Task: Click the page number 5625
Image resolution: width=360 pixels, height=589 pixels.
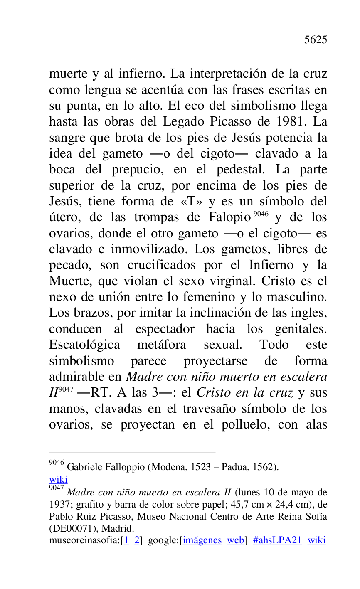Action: (316, 40)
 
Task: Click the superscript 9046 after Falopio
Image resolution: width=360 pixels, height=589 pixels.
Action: (261, 214)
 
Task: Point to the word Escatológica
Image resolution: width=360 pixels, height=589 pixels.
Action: (84, 345)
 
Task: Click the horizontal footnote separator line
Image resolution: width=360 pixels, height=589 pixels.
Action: (132, 453)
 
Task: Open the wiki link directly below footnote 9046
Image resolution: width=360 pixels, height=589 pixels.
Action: (58, 479)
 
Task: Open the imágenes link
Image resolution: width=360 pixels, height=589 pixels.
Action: (202, 540)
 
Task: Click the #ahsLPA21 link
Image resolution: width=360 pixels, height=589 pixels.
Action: (277, 540)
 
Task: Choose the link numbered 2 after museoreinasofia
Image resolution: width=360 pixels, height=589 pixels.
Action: (136, 540)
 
